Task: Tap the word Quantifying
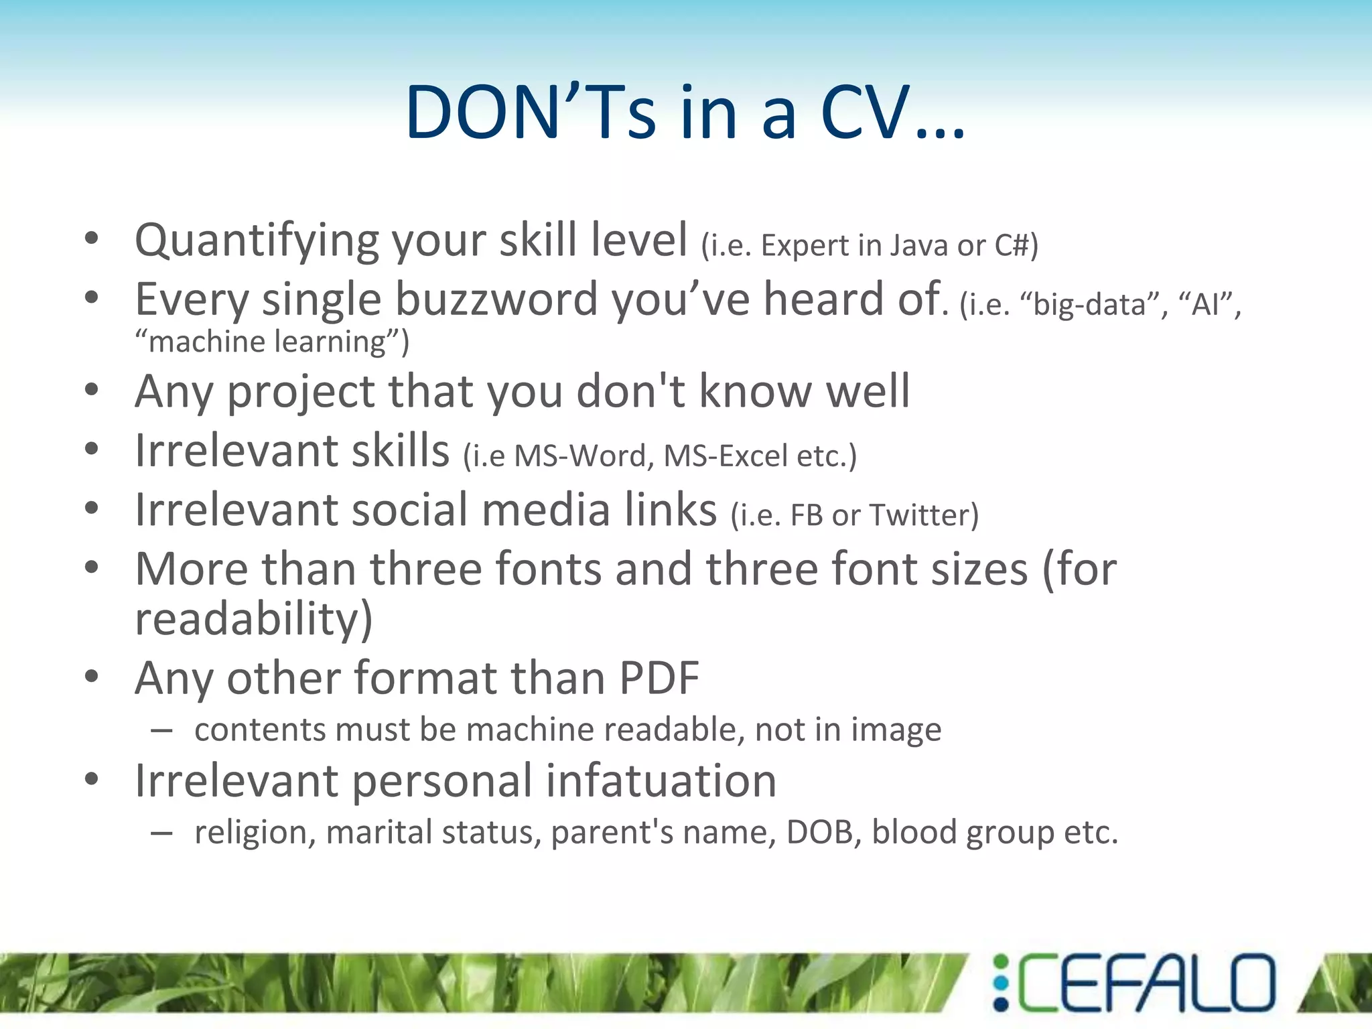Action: pos(257,241)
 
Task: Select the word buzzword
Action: pos(496,299)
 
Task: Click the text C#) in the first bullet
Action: pos(1016,245)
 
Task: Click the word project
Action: pos(301,392)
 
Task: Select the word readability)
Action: pos(253,620)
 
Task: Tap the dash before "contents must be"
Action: pos(161,730)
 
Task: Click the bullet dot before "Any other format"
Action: pos(92,677)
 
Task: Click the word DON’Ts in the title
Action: pos(530,112)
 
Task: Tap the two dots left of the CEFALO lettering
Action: pos(1000,983)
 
